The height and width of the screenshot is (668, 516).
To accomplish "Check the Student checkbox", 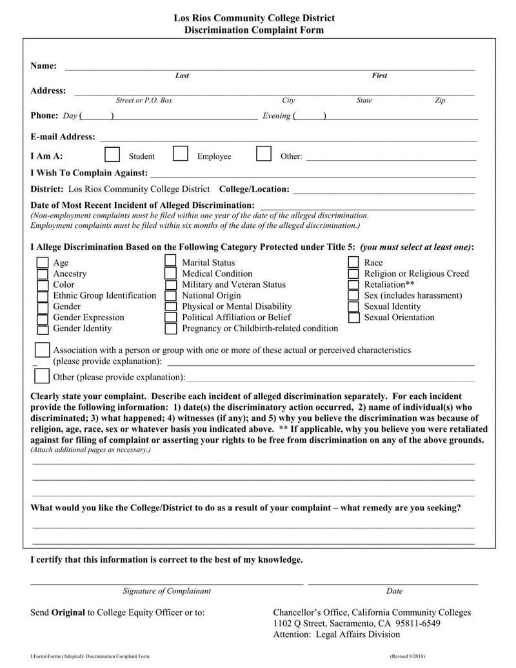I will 112,154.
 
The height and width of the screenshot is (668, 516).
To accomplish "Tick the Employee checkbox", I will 181,154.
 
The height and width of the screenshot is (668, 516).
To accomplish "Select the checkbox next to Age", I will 43,263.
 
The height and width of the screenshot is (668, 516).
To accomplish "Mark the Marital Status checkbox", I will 170,261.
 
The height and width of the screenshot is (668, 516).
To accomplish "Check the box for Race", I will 353,263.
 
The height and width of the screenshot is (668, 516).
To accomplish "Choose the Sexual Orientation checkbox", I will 353,318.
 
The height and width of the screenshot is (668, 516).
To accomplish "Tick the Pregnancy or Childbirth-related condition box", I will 170,329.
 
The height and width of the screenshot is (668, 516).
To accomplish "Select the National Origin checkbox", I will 170,296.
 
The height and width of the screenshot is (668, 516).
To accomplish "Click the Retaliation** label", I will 389,285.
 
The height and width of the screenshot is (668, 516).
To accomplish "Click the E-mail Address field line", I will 287,137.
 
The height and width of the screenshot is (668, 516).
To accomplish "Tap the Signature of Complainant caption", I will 166,591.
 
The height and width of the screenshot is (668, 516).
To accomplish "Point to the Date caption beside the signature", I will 394,591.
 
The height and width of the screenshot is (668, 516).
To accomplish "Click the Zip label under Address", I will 440,101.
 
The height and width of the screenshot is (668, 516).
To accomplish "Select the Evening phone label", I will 276,116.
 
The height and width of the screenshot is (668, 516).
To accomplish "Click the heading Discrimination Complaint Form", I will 254,30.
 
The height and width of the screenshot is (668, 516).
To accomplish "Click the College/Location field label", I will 254,189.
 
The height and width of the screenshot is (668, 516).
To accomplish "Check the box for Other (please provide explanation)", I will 42,376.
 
